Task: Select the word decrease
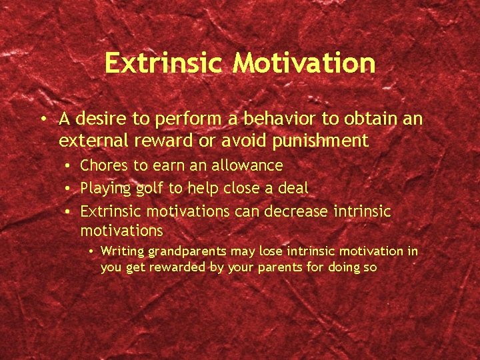coord(297,211)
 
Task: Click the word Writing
coord(123,252)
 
